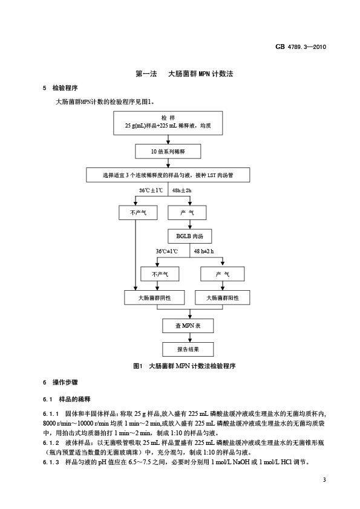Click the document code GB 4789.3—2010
pyautogui.click(x=301, y=47)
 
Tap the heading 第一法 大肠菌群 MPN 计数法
pyautogui.click(x=184, y=74)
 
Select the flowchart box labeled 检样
pyautogui.click(x=168, y=123)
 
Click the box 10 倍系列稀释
pyautogui.click(x=168, y=152)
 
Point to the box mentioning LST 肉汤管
pyautogui.click(x=168, y=175)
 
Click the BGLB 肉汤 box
pyautogui.click(x=190, y=236)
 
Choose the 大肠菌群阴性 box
pyautogui.click(x=155, y=297)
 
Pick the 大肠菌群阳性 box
pyautogui.click(x=223, y=297)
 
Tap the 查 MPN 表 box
pyautogui.click(x=188, y=326)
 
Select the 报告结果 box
pyautogui.click(x=188, y=349)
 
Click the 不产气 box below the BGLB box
pyautogui.click(x=160, y=274)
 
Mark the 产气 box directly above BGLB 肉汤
pyautogui.click(x=187, y=213)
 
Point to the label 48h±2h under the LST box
pyautogui.click(x=182, y=190)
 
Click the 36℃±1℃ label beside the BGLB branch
pyautogui.click(x=167, y=251)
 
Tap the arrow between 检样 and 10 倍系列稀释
pyautogui.click(x=168, y=140)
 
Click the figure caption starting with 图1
pyautogui.click(x=184, y=366)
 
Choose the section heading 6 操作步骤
pyautogui.click(x=61, y=383)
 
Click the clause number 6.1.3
pyautogui.click(x=51, y=462)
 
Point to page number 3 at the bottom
pyautogui.click(x=324, y=480)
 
